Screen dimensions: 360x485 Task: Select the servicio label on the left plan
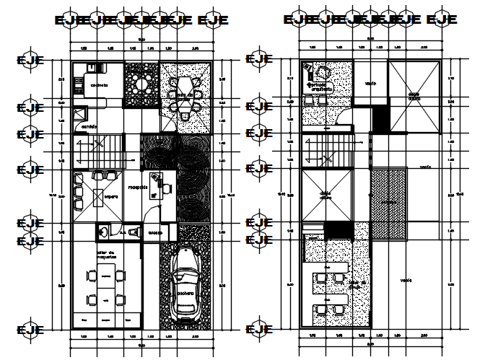(89, 128)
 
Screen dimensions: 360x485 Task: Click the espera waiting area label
(110, 196)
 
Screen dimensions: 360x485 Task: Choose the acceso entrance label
(155, 232)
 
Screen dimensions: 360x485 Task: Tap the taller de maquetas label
(105, 253)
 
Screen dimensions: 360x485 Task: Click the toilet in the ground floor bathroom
(133, 232)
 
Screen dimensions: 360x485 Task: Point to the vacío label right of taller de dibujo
(408, 281)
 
